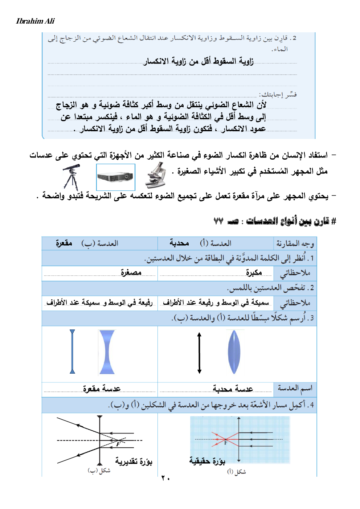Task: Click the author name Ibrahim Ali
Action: click(35, 21)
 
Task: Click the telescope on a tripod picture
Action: click(71, 177)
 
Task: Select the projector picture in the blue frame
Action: click(115, 177)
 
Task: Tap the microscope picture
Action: click(156, 175)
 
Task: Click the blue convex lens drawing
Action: click(234, 352)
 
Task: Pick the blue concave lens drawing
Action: click(107, 352)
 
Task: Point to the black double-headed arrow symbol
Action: click(199, 353)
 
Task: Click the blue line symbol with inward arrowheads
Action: click(72, 352)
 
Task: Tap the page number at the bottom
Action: click(165, 478)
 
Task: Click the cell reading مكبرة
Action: click(254, 272)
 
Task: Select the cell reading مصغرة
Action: click(131, 272)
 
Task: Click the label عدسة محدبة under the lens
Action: click(233, 389)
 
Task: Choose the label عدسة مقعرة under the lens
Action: click(102, 389)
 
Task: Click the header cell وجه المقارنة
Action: click(295, 243)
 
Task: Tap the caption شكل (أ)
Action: click(237, 472)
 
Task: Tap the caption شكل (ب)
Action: click(99, 471)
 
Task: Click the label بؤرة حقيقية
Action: click(207, 461)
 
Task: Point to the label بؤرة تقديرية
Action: click(134, 461)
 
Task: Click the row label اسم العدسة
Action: click(295, 389)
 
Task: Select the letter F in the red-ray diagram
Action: click(225, 443)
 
